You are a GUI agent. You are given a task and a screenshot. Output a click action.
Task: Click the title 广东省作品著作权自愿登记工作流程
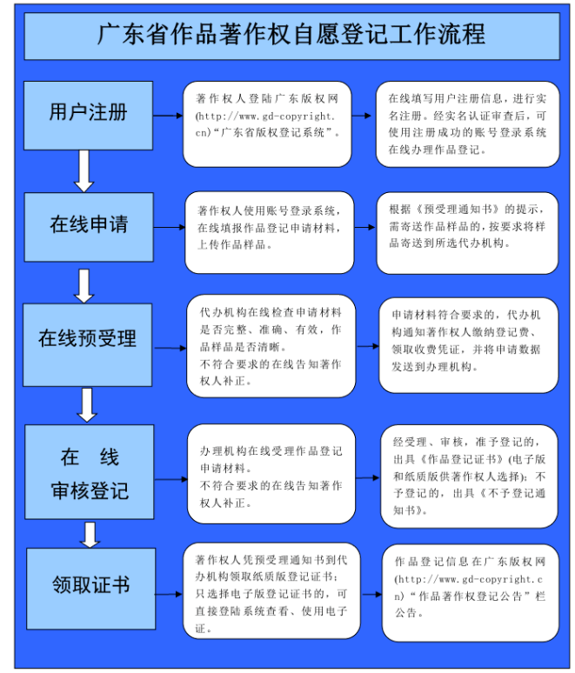(291, 34)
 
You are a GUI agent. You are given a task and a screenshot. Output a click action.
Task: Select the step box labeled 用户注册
(88, 116)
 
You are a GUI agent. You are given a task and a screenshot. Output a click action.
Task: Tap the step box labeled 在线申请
(89, 227)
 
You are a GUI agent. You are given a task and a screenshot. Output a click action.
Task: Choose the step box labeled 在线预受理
(87, 345)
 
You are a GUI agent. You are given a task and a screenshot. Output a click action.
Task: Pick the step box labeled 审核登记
(90, 472)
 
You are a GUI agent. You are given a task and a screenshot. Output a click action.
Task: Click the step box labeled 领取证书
(91, 589)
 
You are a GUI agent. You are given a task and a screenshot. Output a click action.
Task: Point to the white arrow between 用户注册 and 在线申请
(84, 171)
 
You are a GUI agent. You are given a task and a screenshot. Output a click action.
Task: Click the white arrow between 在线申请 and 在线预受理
(84, 286)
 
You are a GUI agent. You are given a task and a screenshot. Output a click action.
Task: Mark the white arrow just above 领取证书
(90, 535)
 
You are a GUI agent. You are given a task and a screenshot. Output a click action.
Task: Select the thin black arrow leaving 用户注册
(168, 116)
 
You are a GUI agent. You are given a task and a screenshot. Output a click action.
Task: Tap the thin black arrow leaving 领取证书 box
(169, 595)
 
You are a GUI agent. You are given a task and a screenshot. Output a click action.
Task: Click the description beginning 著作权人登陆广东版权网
(267, 116)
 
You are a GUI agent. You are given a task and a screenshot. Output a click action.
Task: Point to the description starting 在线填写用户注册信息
(468, 124)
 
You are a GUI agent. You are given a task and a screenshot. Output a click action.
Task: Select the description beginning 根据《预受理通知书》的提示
(467, 226)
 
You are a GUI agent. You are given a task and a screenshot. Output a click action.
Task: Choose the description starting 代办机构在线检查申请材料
(271, 346)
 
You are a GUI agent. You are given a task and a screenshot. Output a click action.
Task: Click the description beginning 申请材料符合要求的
(466, 341)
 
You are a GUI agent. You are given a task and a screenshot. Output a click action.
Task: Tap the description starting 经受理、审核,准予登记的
(470, 476)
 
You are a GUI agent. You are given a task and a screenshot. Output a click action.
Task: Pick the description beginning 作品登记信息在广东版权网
(471, 587)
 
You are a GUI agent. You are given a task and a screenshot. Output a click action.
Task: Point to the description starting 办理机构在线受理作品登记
(271, 476)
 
